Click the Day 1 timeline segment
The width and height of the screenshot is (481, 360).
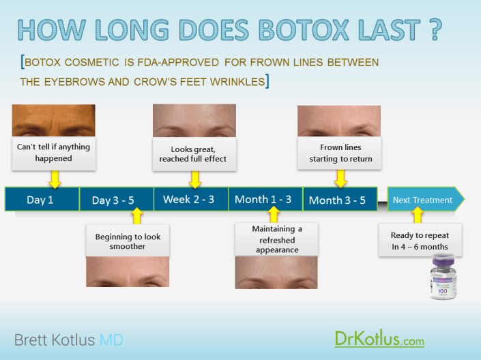tap(42, 199)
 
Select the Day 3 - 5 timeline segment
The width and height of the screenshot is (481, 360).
tap(117, 199)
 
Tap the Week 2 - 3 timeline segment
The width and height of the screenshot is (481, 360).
tap(191, 199)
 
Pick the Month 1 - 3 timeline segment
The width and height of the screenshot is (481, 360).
tap(265, 199)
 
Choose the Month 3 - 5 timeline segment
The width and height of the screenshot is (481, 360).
tap(340, 199)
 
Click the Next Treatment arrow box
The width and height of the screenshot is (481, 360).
tap(426, 199)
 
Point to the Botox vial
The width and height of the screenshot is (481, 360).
tap(443, 277)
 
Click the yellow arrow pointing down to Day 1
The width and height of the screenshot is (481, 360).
tap(55, 179)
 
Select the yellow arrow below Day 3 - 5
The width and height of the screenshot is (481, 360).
tap(137, 216)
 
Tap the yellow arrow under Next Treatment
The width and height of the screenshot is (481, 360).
tap(418, 215)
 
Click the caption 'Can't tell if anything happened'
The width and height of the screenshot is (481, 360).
tap(54, 153)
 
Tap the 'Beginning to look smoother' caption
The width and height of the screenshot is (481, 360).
tap(128, 241)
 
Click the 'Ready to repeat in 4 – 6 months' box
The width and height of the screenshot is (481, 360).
tap(420, 240)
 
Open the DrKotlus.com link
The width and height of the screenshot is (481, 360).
tap(379, 339)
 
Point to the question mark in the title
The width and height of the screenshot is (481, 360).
tap(435, 29)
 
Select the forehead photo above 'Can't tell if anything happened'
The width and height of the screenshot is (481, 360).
tap(54, 121)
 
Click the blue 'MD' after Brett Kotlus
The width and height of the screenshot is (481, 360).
tap(111, 340)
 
